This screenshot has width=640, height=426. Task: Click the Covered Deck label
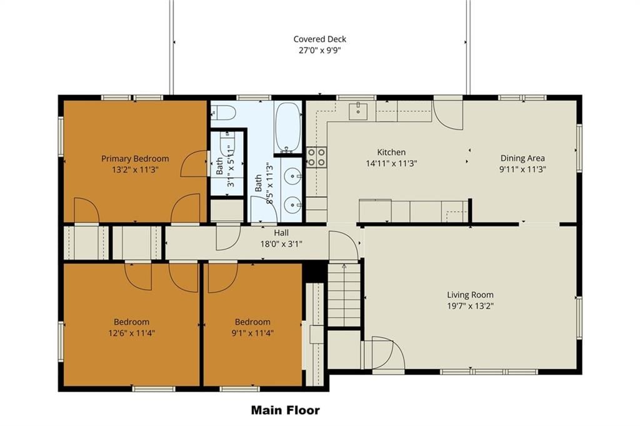pyautogui.click(x=319, y=39)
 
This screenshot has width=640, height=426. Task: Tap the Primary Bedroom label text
pyautogui.click(x=135, y=158)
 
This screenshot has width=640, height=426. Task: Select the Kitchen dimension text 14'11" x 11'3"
pyautogui.click(x=391, y=163)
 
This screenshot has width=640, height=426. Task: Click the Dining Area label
pyautogui.click(x=522, y=158)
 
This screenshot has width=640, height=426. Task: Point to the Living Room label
pyautogui.click(x=470, y=295)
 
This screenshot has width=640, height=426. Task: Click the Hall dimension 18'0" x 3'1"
pyautogui.click(x=281, y=244)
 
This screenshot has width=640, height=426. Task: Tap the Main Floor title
pyautogui.click(x=285, y=410)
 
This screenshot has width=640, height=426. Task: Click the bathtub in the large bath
pyautogui.click(x=287, y=126)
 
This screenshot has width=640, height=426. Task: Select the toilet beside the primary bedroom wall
pyautogui.click(x=223, y=112)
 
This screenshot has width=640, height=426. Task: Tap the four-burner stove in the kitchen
pyautogui.click(x=317, y=157)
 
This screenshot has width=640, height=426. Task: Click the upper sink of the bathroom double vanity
pyautogui.click(x=293, y=177)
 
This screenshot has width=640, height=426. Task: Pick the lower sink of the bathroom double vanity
pyautogui.click(x=293, y=204)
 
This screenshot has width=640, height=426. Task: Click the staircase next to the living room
pyautogui.click(x=344, y=295)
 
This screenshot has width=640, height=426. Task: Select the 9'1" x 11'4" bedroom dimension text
pyautogui.click(x=252, y=333)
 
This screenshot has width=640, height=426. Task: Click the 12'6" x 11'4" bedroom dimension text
pyautogui.click(x=131, y=333)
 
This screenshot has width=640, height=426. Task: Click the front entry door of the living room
pyautogui.click(x=383, y=353)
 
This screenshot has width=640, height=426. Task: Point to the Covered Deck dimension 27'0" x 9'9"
pyautogui.click(x=319, y=51)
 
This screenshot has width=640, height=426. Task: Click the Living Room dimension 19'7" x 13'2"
pyautogui.click(x=470, y=306)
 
